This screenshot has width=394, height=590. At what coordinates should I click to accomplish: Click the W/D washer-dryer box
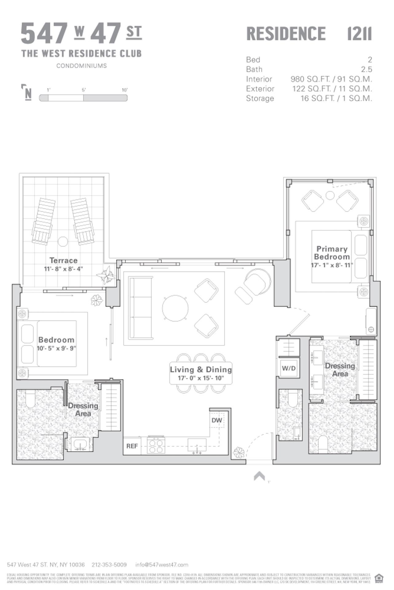coord(289,368)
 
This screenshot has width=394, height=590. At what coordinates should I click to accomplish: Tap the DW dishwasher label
coord(217,420)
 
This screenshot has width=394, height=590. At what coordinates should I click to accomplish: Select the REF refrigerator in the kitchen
coord(132,446)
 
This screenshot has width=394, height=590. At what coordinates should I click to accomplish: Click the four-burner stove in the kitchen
coord(156,446)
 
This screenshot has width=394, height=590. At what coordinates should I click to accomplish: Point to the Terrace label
coord(63,260)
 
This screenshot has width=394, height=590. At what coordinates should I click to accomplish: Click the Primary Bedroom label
coord(332,253)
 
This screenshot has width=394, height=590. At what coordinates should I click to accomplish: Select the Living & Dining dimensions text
coord(201,378)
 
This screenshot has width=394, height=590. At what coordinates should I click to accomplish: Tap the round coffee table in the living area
coord(175,308)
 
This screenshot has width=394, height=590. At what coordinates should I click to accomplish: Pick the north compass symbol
coord(27,92)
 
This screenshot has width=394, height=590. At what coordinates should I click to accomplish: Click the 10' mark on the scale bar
coord(124,90)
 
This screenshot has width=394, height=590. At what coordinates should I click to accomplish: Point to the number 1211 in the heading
coord(359,33)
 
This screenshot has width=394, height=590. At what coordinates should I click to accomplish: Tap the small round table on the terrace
coord(63,241)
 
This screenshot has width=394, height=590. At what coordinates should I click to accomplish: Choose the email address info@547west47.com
coord(162,564)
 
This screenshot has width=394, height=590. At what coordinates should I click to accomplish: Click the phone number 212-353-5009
coord(109,564)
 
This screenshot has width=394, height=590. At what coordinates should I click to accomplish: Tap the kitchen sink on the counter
coord(197,444)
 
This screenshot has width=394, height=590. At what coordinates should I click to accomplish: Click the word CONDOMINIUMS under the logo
coord(81,66)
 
